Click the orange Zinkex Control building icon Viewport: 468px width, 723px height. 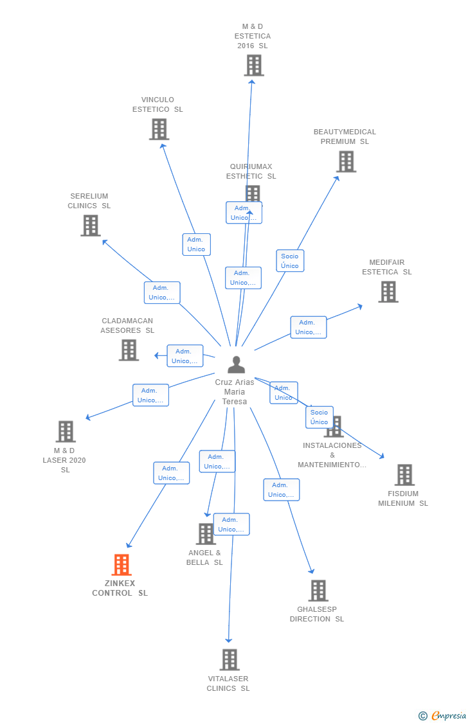point(121,565)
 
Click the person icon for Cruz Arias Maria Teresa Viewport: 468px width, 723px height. point(236,365)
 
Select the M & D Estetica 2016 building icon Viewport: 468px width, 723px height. point(253,65)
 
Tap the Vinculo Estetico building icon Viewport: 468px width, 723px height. point(159,129)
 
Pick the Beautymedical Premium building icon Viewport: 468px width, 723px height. point(346,161)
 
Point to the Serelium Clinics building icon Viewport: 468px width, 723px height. point(91,226)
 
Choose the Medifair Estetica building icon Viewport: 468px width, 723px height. point(388,292)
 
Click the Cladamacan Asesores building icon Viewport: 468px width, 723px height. point(129,350)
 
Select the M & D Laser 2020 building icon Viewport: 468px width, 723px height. point(66,431)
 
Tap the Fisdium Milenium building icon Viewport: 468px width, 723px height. point(404,475)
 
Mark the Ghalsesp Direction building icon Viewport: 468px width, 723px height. point(318,591)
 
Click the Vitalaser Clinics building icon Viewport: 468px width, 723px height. point(229,659)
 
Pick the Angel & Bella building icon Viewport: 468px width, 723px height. point(206,534)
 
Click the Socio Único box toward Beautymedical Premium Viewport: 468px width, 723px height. point(290,261)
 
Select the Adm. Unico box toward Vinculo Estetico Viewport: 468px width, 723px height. point(196,244)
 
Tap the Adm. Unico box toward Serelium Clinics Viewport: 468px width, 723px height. point(162,292)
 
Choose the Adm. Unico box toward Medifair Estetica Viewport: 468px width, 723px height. point(308,327)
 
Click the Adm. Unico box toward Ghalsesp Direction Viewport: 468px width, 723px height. point(281,490)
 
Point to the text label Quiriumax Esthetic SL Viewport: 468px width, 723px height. point(251,172)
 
